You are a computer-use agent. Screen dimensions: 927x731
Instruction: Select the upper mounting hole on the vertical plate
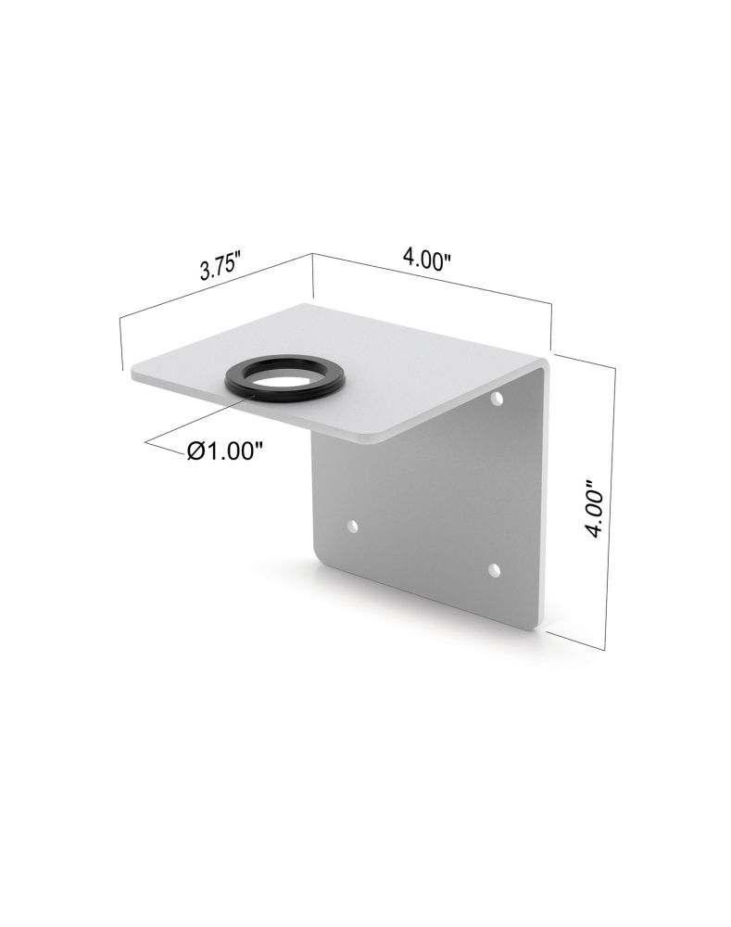click(498, 400)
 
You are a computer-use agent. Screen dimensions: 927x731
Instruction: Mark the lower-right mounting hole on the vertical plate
click(494, 569)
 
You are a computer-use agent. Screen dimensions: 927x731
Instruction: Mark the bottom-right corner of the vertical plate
click(535, 628)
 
